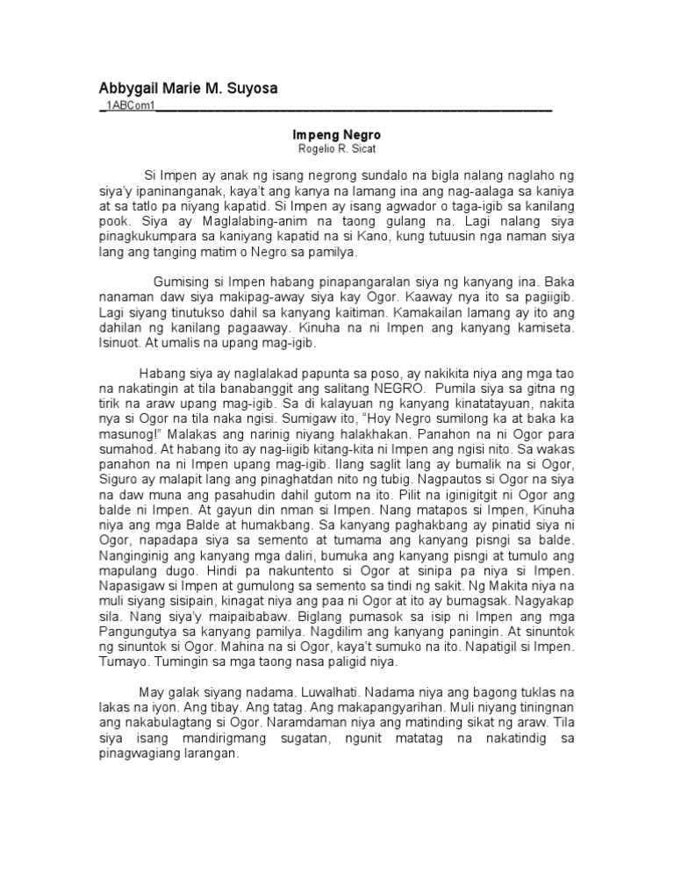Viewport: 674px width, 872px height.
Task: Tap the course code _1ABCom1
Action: [127, 107]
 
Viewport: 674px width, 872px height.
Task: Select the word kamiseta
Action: [523, 328]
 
